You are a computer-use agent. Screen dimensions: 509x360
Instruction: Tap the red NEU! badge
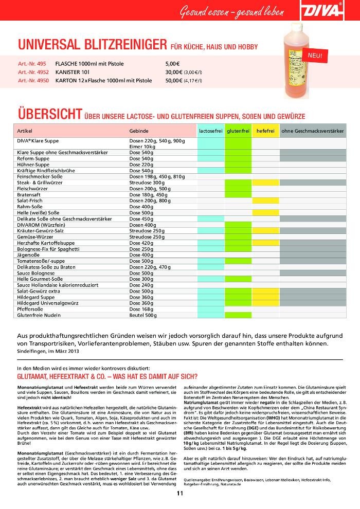coord(315,55)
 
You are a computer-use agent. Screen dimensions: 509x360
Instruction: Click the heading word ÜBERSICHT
coord(49,113)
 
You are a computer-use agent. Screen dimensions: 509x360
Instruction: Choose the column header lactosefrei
coord(210,131)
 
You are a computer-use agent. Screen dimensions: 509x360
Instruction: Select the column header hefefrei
coord(265,131)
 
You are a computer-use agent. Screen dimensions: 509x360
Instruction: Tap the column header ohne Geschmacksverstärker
coord(312,131)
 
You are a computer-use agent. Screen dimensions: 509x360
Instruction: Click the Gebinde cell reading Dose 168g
coord(141,309)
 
